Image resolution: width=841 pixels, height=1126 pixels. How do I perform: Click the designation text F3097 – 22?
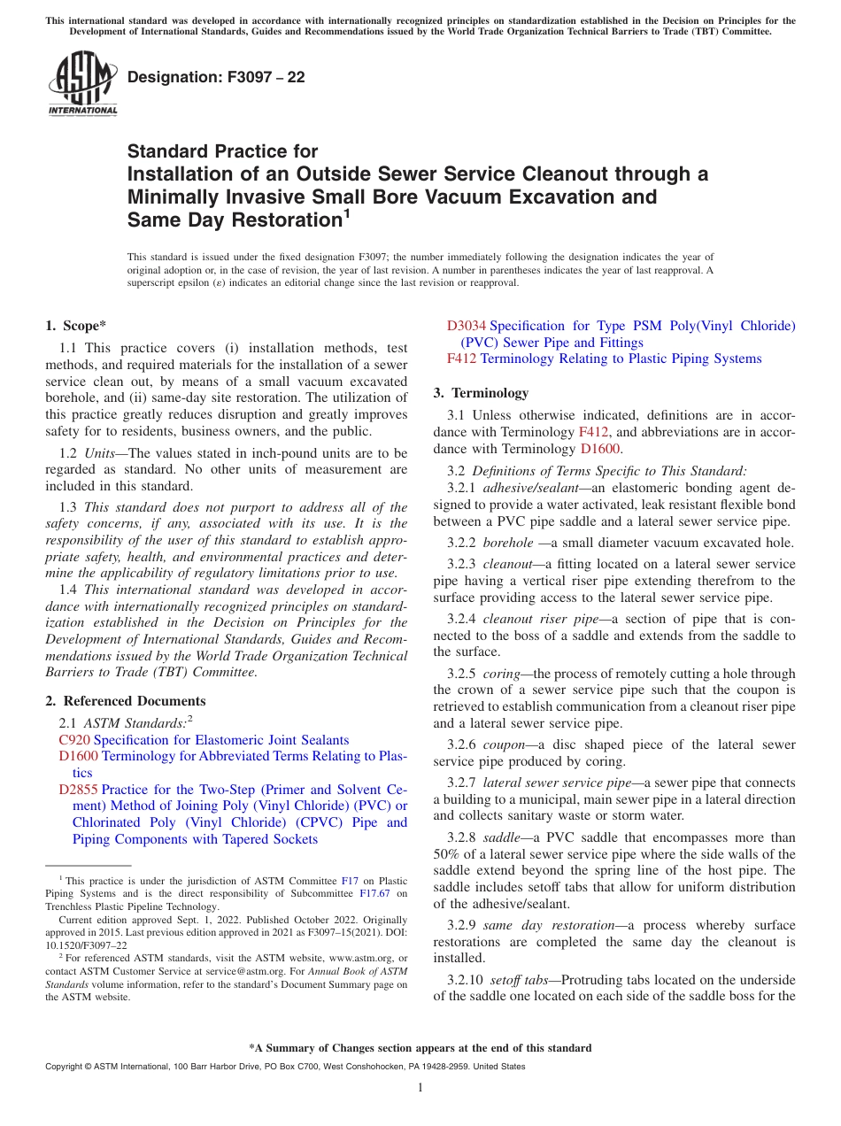pyautogui.click(x=216, y=77)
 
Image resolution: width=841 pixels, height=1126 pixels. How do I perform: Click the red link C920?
pyautogui.click(x=74, y=740)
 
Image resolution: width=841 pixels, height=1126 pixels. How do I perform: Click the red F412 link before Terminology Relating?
pyautogui.click(x=461, y=359)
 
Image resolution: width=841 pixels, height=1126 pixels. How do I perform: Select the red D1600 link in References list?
pyautogui.click(x=78, y=757)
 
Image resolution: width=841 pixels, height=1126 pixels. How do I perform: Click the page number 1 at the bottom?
pyautogui.click(x=420, y=1087)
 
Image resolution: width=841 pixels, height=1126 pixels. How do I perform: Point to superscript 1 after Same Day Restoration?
pyautogui.click(x=347, y=212)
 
